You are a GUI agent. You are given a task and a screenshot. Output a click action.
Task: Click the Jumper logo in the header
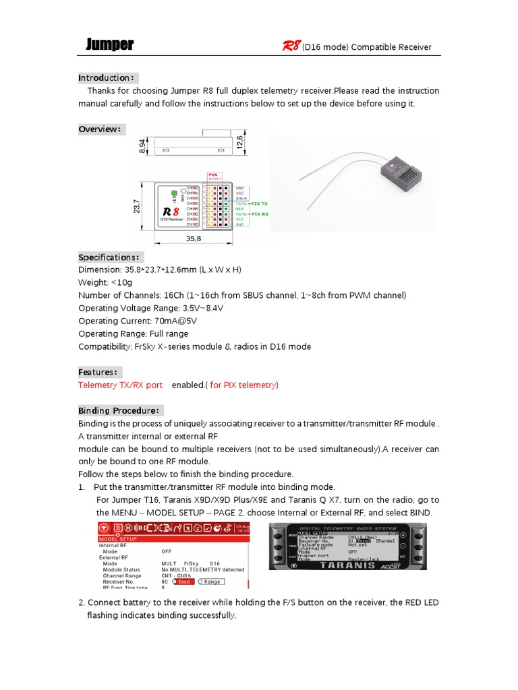click(110, 45)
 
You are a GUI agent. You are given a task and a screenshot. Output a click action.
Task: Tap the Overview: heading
click(100, 129)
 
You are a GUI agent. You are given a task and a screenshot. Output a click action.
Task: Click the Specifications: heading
click(109, 257)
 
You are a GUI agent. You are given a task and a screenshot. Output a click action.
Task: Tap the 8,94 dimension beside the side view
click(142, 145)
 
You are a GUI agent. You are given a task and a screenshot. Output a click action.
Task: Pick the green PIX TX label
click(259, 202)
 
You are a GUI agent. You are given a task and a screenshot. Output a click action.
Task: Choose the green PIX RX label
click(259, 214)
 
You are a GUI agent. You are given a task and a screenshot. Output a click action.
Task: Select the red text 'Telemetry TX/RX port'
click(120, 385)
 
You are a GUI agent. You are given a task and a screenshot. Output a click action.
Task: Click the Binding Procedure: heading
click(119, 410)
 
